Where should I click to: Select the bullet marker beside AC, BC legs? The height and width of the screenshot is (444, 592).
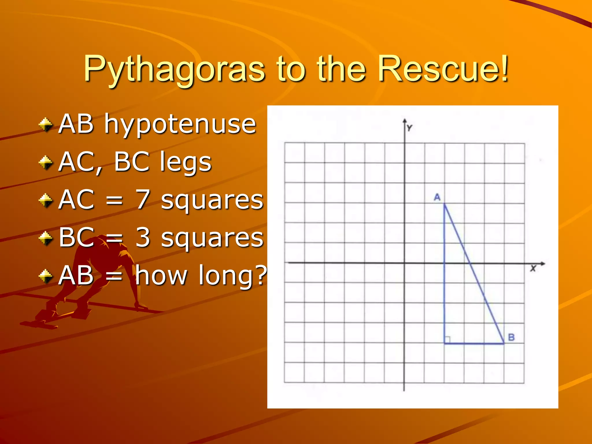tap(46, 162)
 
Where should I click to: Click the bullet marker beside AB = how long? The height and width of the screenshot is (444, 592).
tap(46, 276)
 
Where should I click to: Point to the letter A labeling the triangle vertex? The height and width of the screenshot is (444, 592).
tap(437, 197)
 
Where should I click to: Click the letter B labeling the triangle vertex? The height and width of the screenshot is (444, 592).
tap(511, 337)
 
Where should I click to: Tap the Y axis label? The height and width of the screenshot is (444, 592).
tap(409, 128)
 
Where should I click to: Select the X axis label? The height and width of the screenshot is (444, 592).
tap(533, 269)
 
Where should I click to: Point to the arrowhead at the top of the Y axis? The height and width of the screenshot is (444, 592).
tap(405, 121)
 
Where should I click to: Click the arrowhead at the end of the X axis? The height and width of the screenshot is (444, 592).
tap(543, 264)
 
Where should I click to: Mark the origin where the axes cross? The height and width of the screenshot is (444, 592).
tap(404, 263)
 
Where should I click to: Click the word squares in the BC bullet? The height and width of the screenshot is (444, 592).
tap(212, 238)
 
